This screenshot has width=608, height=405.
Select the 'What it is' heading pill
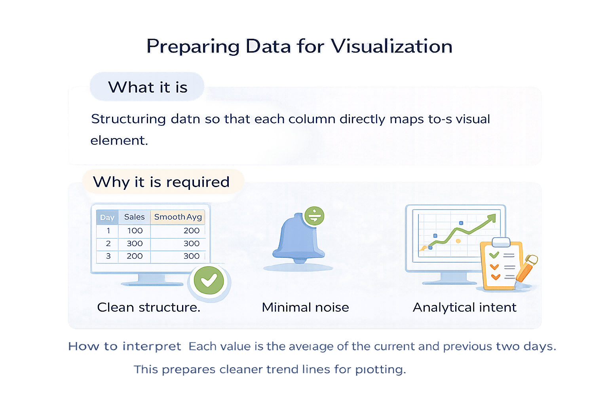147,87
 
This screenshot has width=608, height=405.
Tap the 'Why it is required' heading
161,182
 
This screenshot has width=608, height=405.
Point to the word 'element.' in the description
119,140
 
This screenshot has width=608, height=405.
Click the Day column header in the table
107,217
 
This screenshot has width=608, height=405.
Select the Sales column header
134,217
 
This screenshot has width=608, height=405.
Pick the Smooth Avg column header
178,217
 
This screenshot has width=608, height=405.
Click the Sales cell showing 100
135,231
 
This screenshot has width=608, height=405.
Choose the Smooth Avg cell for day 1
191,231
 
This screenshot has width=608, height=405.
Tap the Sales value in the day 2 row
135,244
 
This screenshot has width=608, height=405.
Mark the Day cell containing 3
108,256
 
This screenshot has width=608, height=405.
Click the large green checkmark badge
209,280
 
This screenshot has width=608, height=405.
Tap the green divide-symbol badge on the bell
315,216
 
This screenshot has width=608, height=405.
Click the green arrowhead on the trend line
492,218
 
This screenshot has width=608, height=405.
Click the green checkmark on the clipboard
494,255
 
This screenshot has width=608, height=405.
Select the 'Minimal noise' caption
305,307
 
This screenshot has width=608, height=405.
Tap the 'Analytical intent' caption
464,307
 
